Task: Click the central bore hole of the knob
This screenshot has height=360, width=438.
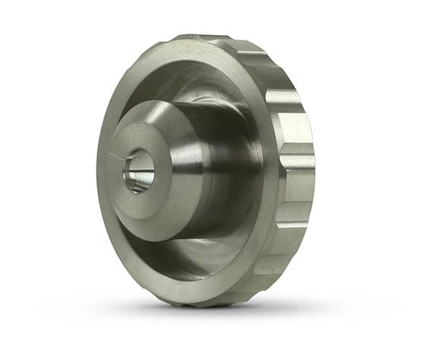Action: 139,171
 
